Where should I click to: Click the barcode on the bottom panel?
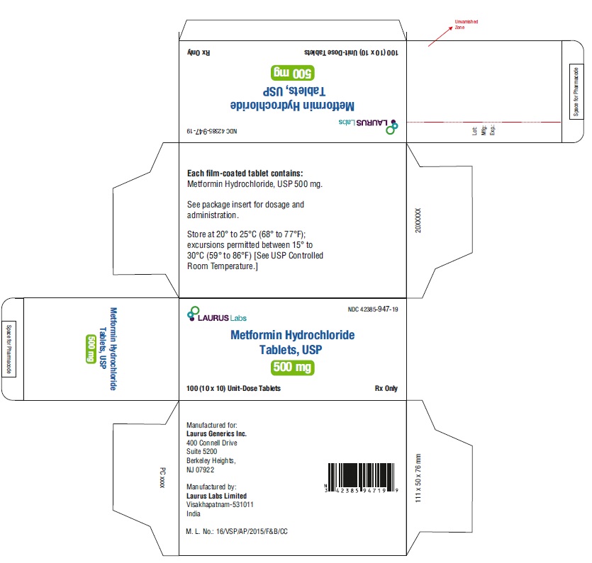click(x=362, y=478)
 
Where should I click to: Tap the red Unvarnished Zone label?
click(x=467, y=25)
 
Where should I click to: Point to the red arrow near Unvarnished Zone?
click(x=440, y=37)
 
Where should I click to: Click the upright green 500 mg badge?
click(x=293, y=368)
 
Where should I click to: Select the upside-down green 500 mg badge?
click(x=293, y=73)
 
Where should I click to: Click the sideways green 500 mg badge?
click(x=91, y=349)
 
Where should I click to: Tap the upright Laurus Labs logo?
click(x=217, y=314)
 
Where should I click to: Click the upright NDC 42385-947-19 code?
click(x=373, y=309)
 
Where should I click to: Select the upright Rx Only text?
click(x=386, y=388)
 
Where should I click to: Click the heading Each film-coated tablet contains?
click(x=245, y=174)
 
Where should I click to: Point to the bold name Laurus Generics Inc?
click(x=216, y=433)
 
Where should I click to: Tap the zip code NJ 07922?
click(x=200, y=470)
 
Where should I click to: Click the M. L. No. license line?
click(x=237, y=531)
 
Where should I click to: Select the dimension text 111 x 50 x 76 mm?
click(x=418, y=478)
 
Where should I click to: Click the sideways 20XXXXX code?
click(x=418, y=220)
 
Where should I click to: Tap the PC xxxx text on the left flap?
click(x=163, y=478)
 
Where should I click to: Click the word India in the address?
click(x=194, y=513)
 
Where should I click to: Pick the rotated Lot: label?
click(x=474, y=131)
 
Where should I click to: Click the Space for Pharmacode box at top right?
click(x=576, y=91)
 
